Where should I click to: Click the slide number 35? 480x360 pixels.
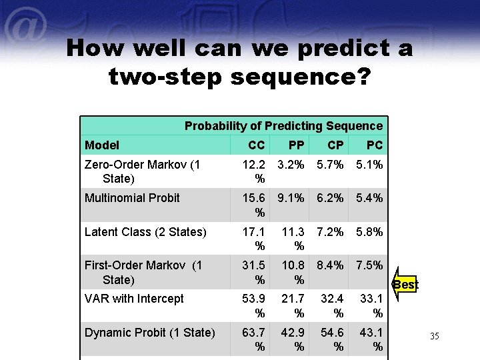[434, 336]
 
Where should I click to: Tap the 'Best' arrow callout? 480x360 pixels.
[404, 285]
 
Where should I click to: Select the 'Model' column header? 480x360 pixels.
[102, 145]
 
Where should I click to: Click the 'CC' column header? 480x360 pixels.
[256, 145]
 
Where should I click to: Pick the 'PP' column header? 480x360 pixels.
[297, 145]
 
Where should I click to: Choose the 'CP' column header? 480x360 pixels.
[336, 145]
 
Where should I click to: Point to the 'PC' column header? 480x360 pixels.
[375, 145]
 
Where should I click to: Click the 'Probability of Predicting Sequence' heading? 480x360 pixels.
[283, 126]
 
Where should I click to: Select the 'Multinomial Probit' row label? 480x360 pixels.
[132, 198]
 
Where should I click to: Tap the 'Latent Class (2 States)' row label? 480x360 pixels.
[145, 232]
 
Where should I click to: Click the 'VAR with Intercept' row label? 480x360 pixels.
[134, 299]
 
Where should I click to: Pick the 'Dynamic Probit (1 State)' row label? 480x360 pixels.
[149, 333]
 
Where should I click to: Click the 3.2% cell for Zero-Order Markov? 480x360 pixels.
[291, 164]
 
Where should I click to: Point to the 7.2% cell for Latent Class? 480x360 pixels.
[330, 232]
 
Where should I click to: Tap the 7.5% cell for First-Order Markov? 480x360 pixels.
[369, 265]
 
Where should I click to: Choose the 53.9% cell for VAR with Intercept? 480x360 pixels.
[254, 305]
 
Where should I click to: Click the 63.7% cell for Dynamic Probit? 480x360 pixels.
[254, 339]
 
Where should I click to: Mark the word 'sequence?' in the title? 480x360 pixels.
[300, 77]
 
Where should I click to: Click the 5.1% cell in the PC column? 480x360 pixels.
[369, 164]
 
